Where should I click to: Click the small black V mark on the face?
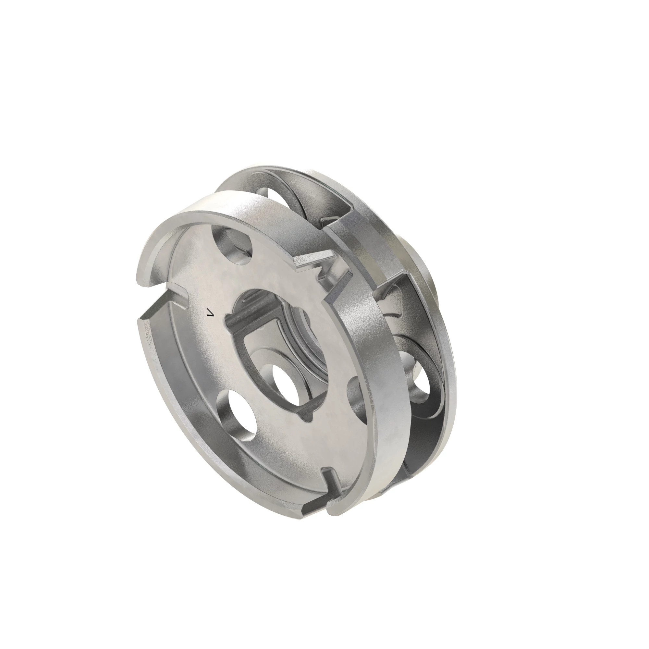click(211, 313)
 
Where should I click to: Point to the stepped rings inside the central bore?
click(302, 336)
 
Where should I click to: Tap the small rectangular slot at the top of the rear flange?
click(331, 222)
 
